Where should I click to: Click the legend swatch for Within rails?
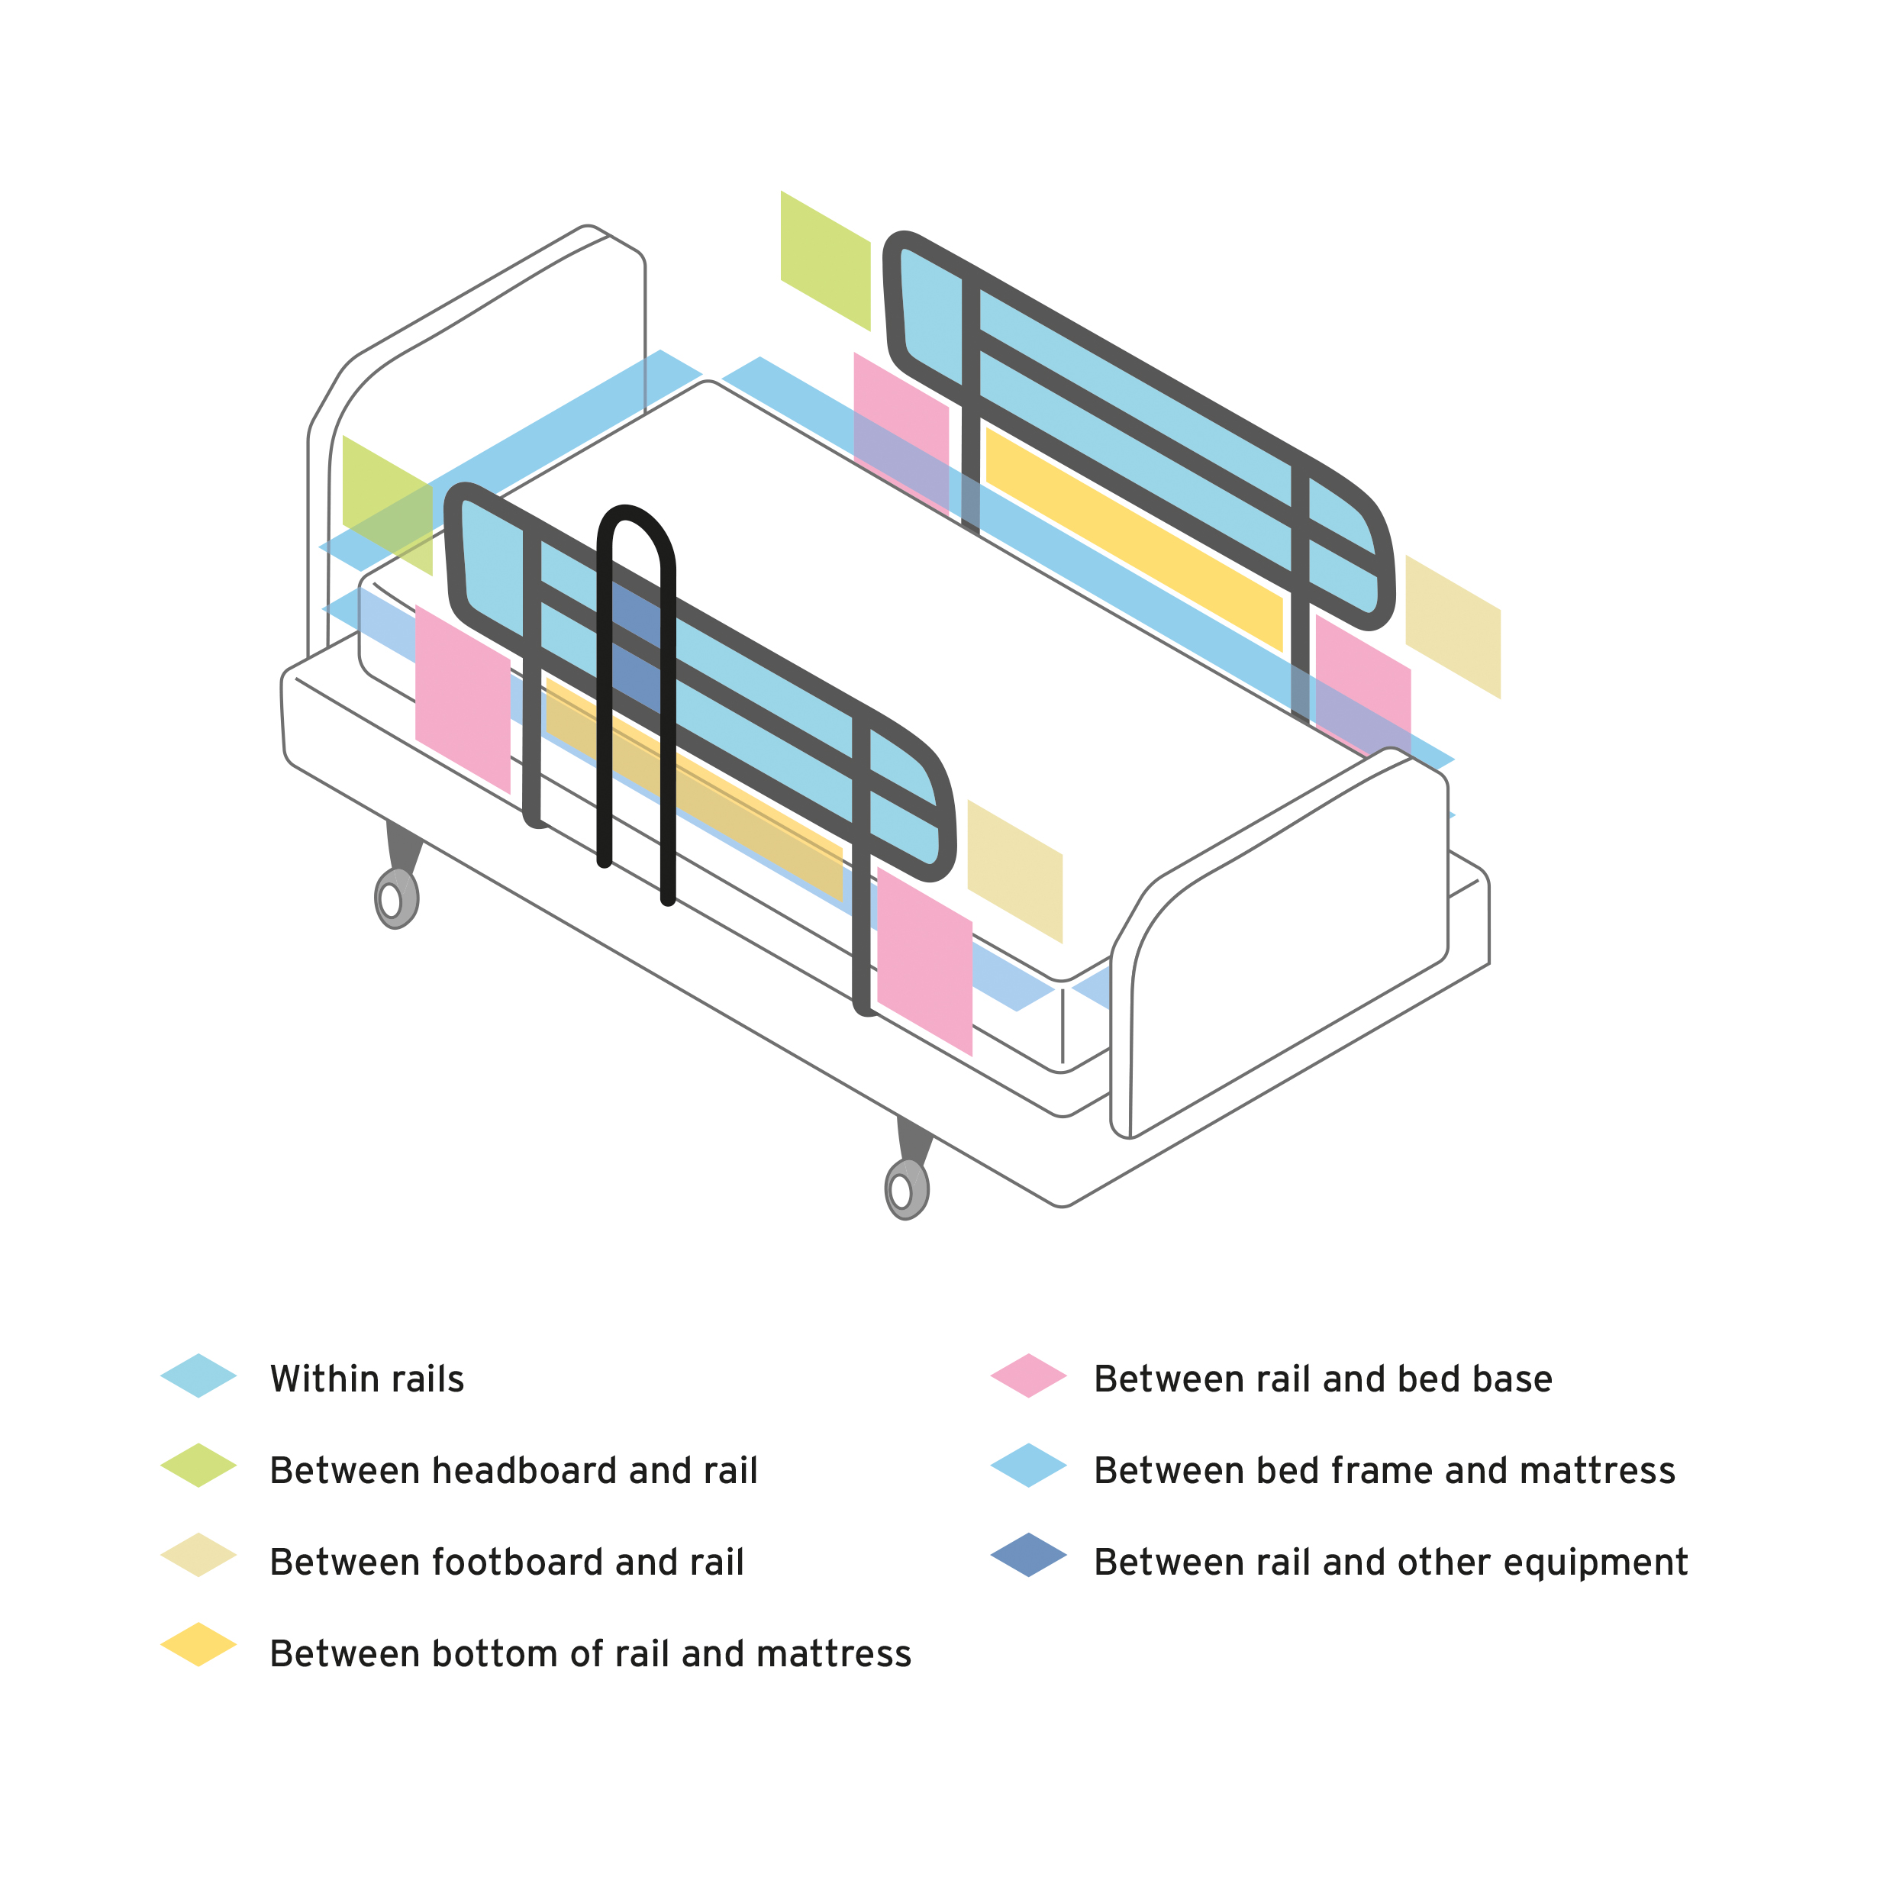[x=199, y=1375]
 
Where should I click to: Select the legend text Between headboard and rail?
[x=514, y=1471]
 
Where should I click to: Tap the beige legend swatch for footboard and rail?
[x=199, y=1555]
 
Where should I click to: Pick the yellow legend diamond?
[x=199, y=1644]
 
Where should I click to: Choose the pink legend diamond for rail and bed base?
[x=1029, y=1375]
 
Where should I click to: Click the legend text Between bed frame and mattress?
[x=1385, y=1471]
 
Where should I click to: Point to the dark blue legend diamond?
[x=1029, y=1555]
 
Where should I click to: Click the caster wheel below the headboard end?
[x=397, y=897]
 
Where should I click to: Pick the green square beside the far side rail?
[x=825, y=260]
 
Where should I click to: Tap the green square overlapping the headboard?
[x=387, y=505]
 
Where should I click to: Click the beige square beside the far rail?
[x=1453, y=627]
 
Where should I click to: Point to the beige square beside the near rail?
[x=1015, y=871]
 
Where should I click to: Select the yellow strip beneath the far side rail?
[x=1134, y=539]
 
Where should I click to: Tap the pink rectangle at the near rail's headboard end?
[x=463, y=698]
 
